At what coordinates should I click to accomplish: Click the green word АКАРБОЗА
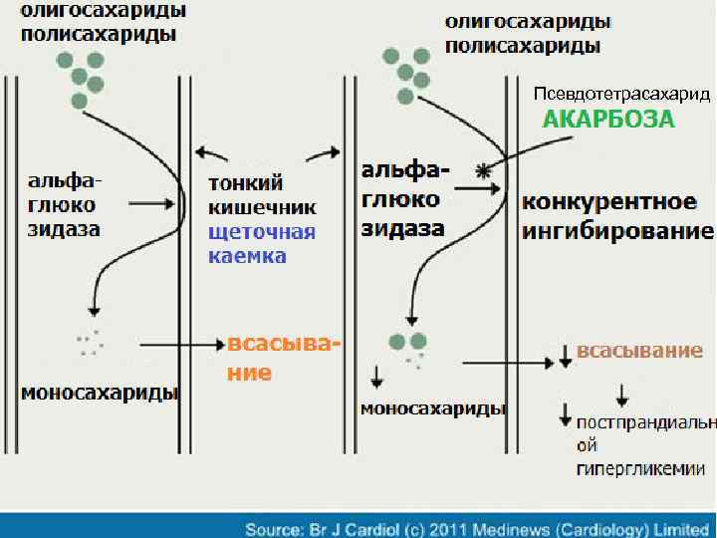607,121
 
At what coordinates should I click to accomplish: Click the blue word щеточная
262,232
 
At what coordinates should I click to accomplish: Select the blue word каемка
247,256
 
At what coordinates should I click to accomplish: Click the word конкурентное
609,202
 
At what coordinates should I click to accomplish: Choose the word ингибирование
617,232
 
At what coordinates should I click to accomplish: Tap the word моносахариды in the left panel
101,393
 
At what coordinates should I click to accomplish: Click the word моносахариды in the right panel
433,409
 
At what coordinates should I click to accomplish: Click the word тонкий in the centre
245,183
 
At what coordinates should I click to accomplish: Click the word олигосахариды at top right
528,21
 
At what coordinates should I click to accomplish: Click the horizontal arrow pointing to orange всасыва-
179,345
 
